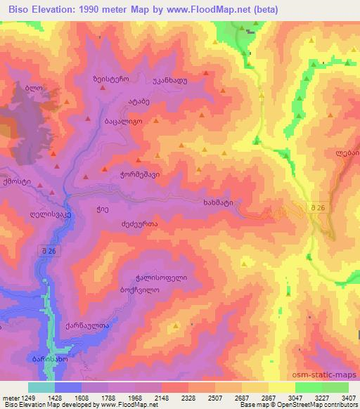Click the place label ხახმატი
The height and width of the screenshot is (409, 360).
tap(217, 203)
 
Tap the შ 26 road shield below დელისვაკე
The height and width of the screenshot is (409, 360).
tap(46, 250)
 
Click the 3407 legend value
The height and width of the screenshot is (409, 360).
tap(348, 398)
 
